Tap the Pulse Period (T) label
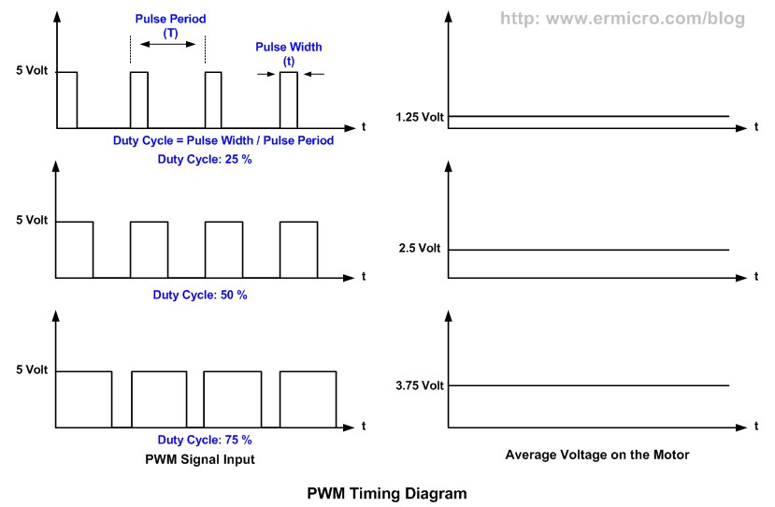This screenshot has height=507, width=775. [170, 25]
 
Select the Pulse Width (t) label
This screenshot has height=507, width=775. [288, 53]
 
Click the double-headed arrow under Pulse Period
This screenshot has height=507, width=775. [170, 44]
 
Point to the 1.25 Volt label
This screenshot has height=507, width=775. [420, 117]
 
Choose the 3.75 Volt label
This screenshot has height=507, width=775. [420, 385]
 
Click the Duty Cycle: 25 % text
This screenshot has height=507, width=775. [204, 159]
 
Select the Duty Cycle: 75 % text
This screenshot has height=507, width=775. [204, 440]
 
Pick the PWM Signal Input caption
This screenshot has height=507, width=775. [200, 458]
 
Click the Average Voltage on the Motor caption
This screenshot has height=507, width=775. [596, 456]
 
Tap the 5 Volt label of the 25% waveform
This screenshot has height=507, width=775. [31, 72]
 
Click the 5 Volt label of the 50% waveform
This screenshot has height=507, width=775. [31, 222]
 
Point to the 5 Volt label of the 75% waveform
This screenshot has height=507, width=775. [31, 370]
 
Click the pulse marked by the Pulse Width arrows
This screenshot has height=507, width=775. [288, 98]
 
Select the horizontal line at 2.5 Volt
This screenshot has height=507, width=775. [589, 250]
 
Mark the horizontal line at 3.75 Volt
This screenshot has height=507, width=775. [589, 385]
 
